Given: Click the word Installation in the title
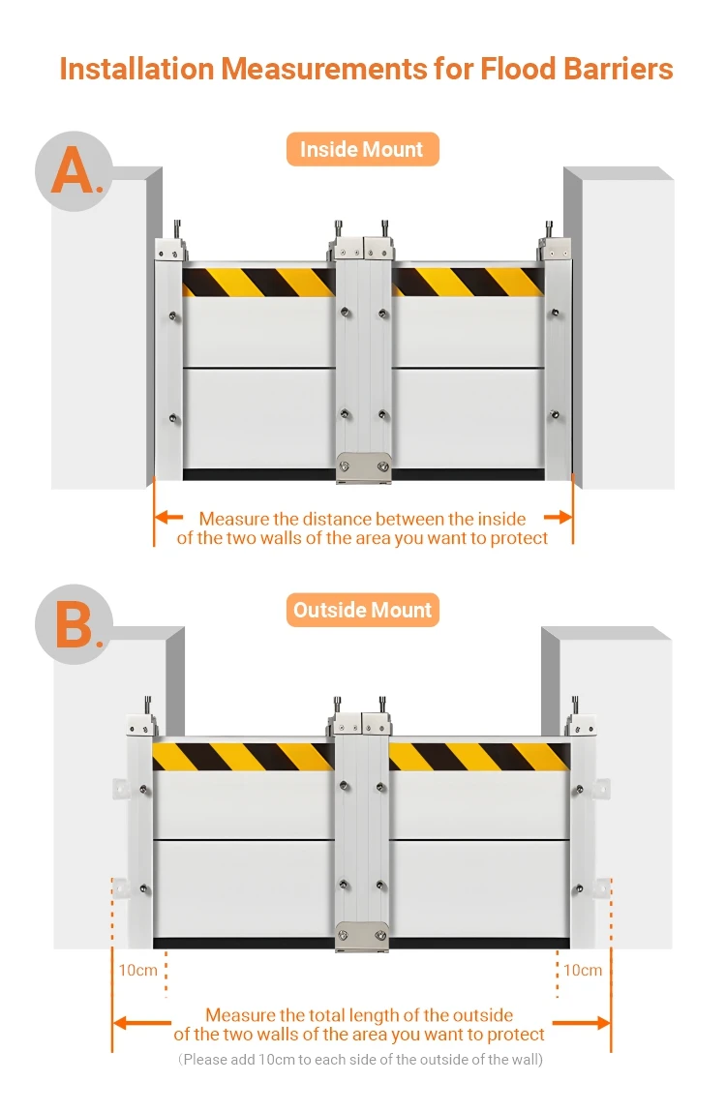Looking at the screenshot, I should click(x=136, y=69).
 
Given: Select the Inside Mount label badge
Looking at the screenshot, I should click(x=362, y=150).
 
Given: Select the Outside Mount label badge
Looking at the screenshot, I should click(x=362, y=611).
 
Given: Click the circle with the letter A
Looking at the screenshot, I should click(x=74, y=171).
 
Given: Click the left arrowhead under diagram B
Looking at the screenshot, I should click(x=122, y=1023).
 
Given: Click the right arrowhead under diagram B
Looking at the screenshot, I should click(x=601, y=1023).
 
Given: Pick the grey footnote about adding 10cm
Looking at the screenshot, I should click(x=362, y=1060).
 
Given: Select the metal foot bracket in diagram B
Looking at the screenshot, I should click(x=361, y=936).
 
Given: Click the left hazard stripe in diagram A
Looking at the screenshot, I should click(x=258, y=282).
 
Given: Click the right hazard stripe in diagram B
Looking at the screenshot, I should click(x=478, y=756).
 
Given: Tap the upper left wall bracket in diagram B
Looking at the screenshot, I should click(x=120, y=789).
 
